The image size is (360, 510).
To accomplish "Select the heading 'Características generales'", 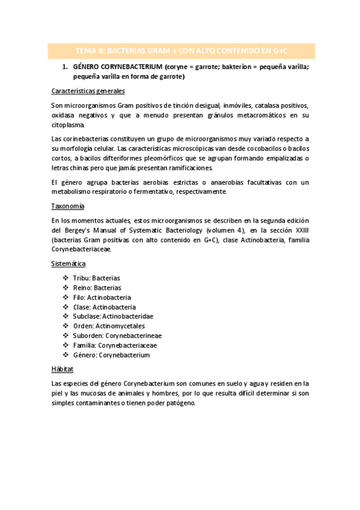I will click(88, 91).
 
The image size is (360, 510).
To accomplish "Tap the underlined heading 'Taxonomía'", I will click(67, 206).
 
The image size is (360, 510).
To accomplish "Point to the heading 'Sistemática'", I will click(69, 263).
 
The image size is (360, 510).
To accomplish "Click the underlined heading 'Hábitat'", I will click(63, 369).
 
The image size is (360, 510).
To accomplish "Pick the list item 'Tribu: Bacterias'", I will click(96, 278).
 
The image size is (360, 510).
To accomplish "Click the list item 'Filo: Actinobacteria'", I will click(102, 297).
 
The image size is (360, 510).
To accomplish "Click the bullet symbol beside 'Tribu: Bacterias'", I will click(66, 278).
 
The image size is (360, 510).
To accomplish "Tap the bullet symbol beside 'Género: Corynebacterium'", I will click(66, 355).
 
